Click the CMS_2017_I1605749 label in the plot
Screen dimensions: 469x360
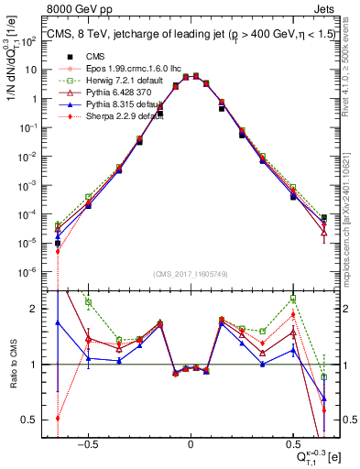191,275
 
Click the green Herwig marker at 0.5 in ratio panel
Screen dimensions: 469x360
292,299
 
